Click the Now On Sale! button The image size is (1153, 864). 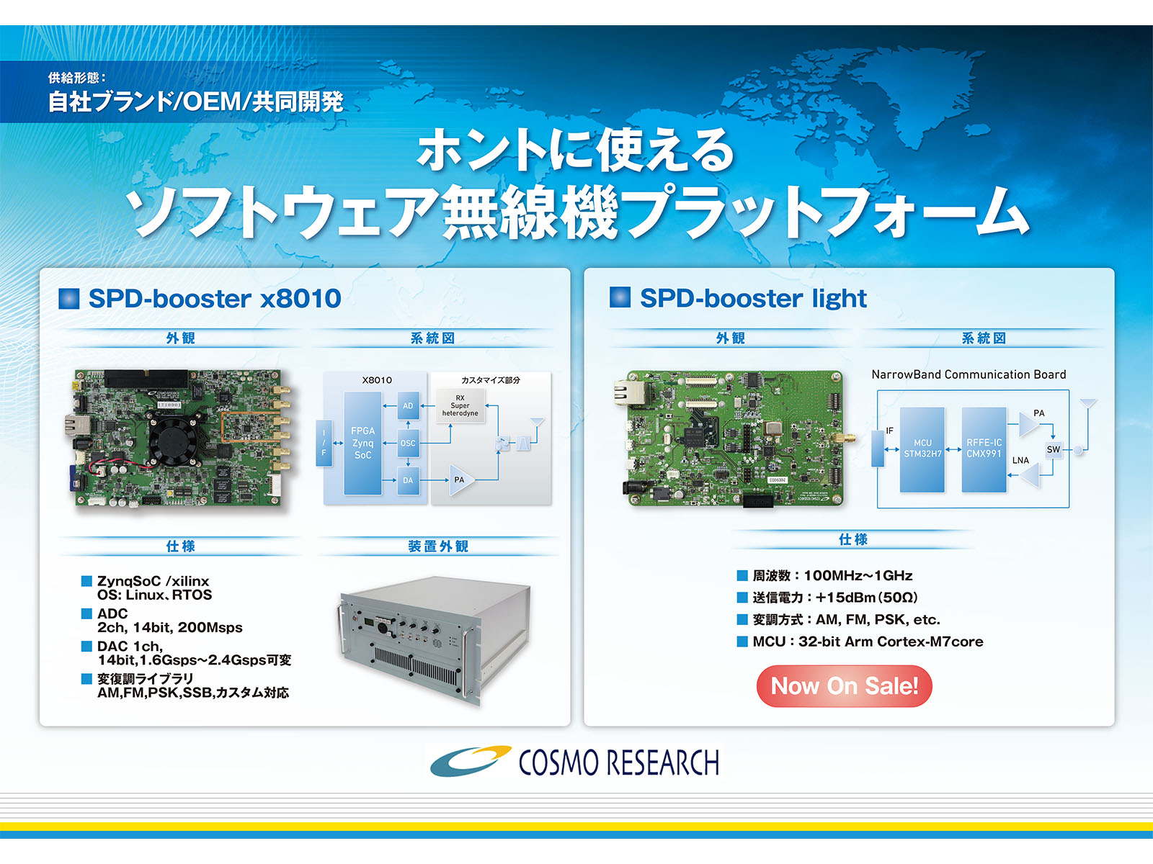pyautogui.click(x=844, y=685)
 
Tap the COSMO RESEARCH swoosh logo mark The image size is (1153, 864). pyautogui.click(x=471, y=760)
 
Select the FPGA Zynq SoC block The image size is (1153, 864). pyautogui.click(x=362, y=444)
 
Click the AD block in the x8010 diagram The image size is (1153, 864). pyautogui.click(x=408, y=405)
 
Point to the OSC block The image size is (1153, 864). pyautogui.click(x=408, y=444)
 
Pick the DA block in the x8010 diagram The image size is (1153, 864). pyautogui.click(x=408, y=480)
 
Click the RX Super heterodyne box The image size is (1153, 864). pyautogui.click(x=460, y=405)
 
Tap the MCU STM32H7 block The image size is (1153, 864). pyautogui.click(x=922, y=449)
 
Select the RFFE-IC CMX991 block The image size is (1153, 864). pyautogui.click(x=984, y=449)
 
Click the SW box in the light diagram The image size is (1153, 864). pyautogui.click(x=1053, y=449)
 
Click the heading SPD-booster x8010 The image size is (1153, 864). pyautogui.click(x=215, y=299)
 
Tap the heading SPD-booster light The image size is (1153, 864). pyautogui.click(x=753, y=299)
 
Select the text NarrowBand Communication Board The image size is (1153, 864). pyautogui.click(x=969, y=374)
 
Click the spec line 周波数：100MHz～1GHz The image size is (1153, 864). pyautogui.click(x=832, y=575)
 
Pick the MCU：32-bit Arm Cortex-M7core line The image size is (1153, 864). pyautogui.click(x=868, y=642)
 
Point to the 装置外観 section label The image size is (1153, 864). pyautogui.click(x=438, y=546)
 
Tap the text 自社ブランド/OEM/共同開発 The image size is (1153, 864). pyautogui.click(x=195, y=102)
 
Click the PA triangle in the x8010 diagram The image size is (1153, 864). pyautogui.click(x=461, y=480)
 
